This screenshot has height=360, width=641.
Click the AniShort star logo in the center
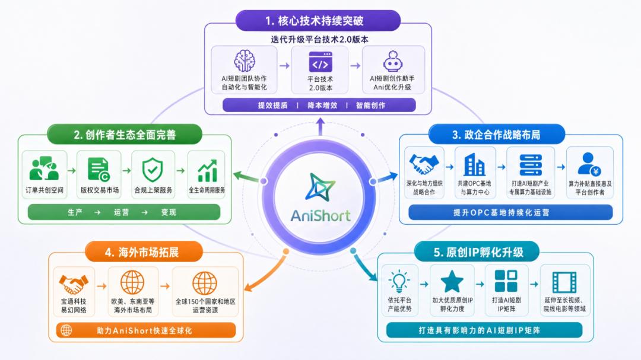pyautogui.click(x=320, y=187)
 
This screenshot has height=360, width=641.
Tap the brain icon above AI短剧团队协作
pyautogui.click(x=245, y=60)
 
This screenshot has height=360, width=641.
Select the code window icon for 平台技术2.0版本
pyautogui.click(x=320, y=62)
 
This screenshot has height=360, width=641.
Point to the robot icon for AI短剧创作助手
pyautogui.click(x=393, y=61)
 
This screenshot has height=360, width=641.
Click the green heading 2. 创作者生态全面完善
pyautogui.click(x=124, y=135)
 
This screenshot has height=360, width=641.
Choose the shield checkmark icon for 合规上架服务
pyautogui.click(x=153, y=170)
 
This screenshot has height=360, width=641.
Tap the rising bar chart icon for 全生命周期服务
pyautogui.click(x=207, y=171)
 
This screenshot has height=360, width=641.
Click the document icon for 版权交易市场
pyautogui.click(x=99, y=169)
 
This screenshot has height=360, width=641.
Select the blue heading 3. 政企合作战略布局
pyautogui.click(x=496, y=135)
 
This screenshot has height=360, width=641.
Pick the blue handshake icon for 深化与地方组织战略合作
pyautogui.click(x=424, y=164)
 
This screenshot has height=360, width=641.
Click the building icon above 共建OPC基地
pyautogui.click(x=474, y=165)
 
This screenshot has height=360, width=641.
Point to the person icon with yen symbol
pyautogui.click(x=589, y=164)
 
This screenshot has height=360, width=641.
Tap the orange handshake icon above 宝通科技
pyautogui.click(x=74, y=284)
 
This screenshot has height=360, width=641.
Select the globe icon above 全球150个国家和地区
pyautogui.click(x=204, y=283)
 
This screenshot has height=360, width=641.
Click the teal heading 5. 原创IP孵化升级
pyautogui.click(x=477, y=251)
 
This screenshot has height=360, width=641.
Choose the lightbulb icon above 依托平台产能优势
pyautogui.click(x=399, y=282)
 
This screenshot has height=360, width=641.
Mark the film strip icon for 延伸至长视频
pyautogui.click(x=564, y=282)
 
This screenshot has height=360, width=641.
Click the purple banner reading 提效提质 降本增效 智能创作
pyautogui.click(x=319, y=105)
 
